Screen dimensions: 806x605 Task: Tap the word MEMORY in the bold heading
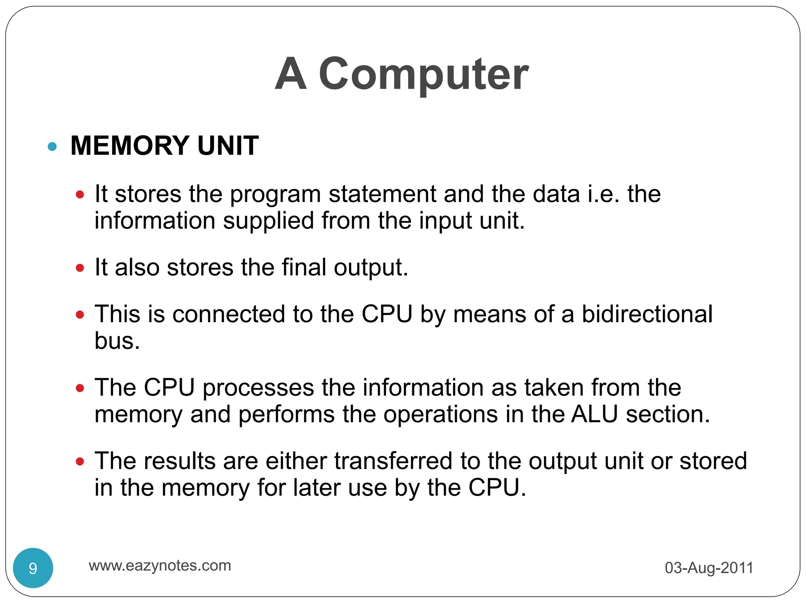[x=130, y=146]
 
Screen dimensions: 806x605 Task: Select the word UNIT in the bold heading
[x=228, y=146]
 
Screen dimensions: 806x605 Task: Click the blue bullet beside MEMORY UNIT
[x=52, y=147]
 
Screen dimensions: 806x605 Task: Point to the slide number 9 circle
[x=33, y=568]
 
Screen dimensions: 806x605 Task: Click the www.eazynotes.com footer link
[x=160, y=566]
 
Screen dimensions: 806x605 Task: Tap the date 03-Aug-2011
[x=709, y=568]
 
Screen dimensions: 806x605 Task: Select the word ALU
[x=594, y=414]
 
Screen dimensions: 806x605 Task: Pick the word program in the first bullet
[x=275, y=195]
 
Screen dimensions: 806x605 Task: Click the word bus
[x=117, y=341]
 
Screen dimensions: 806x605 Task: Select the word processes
[x=258, y=388]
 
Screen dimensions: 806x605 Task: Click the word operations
[x=440, y=415]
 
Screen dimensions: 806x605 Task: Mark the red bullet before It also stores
[x=80, y=268]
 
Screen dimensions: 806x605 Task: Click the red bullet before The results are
[x=80, y=462]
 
